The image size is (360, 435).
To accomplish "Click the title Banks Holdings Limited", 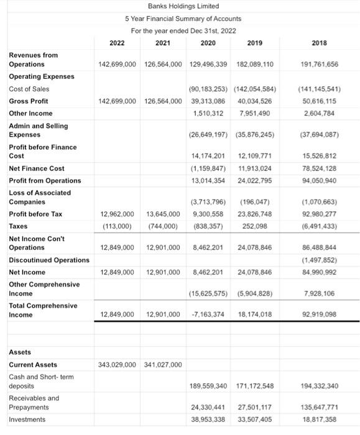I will point(183,6).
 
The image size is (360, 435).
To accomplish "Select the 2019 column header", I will point(255,43).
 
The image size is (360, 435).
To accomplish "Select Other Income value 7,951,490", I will point(255,114).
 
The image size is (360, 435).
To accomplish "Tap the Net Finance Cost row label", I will point(36,168).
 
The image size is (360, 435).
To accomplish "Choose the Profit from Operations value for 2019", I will point(255,181).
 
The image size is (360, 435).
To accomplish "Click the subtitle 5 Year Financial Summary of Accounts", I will point(183,19).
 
